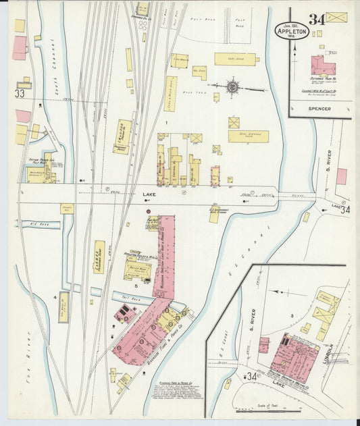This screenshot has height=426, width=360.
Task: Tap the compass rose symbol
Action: pyautogui.click(x=232, y=86)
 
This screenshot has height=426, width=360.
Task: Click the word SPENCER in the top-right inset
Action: pyautogui.click(x=319, y=108)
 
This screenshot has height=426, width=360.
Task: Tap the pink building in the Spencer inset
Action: pyautogui.click(x=322, y=65)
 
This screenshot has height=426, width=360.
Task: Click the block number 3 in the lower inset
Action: pyautogui.click(x=292, y=315)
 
